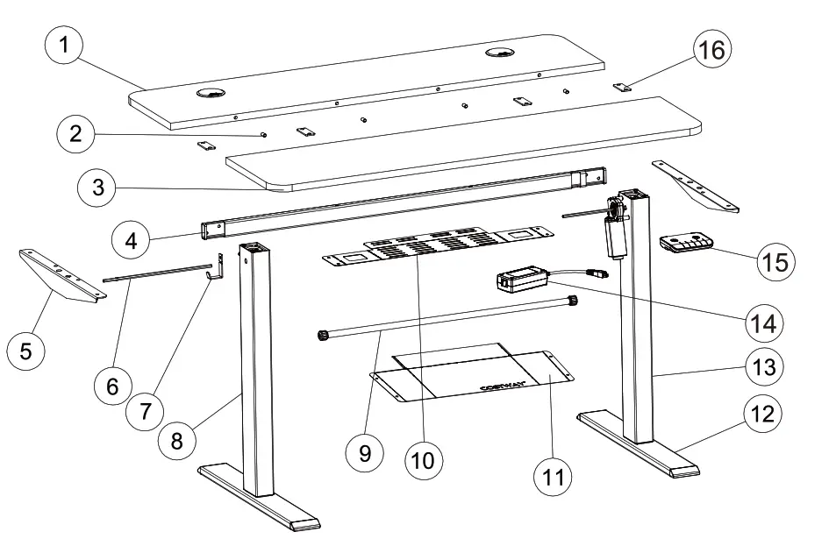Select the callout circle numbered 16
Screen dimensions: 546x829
711,50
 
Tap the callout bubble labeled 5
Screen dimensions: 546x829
26,351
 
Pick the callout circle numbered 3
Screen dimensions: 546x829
98,187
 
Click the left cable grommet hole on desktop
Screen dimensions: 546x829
211,93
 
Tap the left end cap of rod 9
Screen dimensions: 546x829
322,334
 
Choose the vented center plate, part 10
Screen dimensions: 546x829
436,248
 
